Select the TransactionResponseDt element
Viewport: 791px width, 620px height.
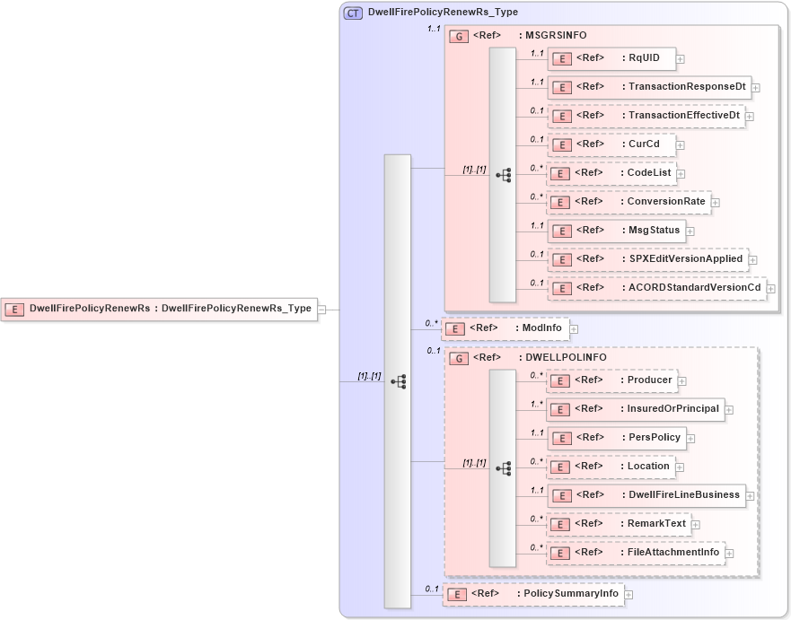pyautogui.click(x=647, y=87)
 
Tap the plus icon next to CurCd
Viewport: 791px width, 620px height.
pyautogui.click(x=681, y=144)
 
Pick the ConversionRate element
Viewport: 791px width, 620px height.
pyautogui.click(x=628, y=202)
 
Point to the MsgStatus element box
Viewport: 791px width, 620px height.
pyautogui.click(x=616, y=231)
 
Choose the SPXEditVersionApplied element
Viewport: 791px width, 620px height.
pyautogui.click(x=647, y=259)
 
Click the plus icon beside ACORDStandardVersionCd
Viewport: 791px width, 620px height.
pyautogui.click(x=770, y=289)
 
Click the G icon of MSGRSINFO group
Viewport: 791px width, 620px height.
pyautogui.click(x=459, y=35)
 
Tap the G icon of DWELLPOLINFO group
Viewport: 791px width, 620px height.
pyautogui.click(x=459, y=358)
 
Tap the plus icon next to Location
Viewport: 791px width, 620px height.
pyautogui.click(x=680, y=467)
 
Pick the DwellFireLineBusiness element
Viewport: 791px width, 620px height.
pyautogui.click(x=646, y=495)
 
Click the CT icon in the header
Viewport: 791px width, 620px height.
pyautogui.click(x=354, y=13)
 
